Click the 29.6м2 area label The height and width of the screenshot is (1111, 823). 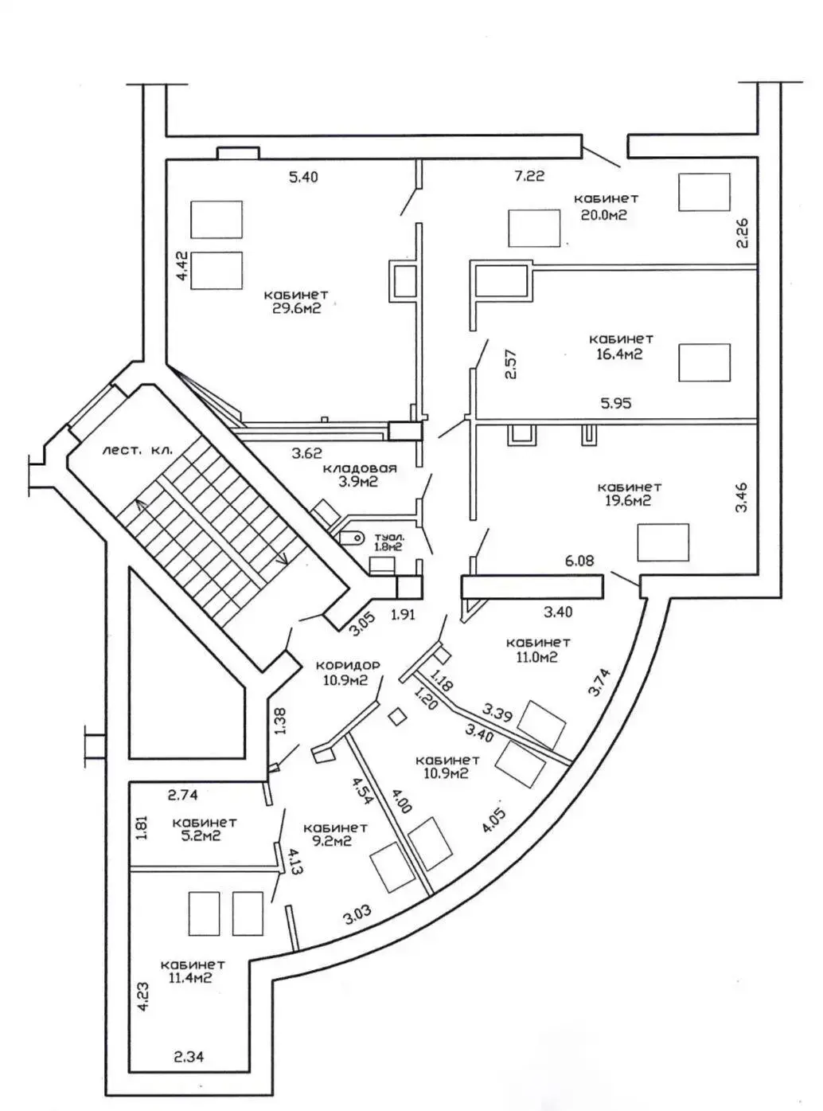click(296, 309)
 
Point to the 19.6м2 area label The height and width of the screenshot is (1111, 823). click(629, 501)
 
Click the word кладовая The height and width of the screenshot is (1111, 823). click(360, 468)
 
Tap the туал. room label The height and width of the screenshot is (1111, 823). click(389, 538)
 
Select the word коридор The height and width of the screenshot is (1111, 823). click(348, 665)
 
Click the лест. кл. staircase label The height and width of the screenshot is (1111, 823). click(137, 450)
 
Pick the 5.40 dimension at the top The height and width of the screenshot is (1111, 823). click(302, 177)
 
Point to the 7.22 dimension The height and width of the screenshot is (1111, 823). click(529, 176)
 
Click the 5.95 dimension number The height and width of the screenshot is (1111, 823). click(616, 404)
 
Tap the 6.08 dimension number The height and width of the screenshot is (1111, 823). click(579, 561)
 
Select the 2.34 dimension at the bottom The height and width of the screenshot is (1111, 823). click(189, 1058)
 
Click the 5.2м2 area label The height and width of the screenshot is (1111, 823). click(197, 837)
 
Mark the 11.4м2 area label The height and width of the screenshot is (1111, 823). click(191, 979)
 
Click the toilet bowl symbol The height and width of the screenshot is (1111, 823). click(351, 538)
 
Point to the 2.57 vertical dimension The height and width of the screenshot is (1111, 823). click(512, 364)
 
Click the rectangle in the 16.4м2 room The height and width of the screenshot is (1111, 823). click(704, 362)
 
